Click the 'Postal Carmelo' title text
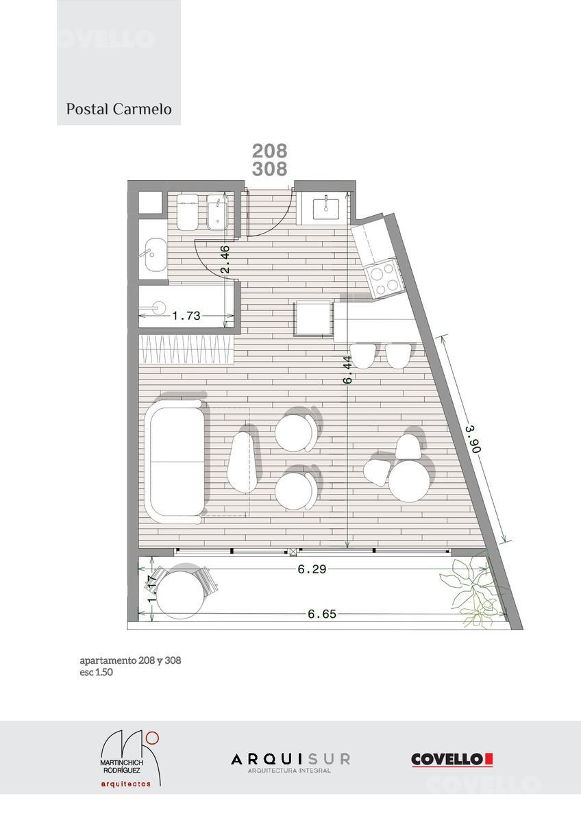[x=119, y=110]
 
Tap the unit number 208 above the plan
[x=269, y=151]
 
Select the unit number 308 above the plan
[x=269, y=169]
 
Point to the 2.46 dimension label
[x=225, y=260]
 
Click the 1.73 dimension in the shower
[x=186, y=316]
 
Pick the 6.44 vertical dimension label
[x=347, y=370]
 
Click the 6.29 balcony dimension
[x=312, y=569]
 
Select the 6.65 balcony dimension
[x=322, y=614]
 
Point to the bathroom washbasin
[x=156, y=255]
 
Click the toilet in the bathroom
[x=187, y=212]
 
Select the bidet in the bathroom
[x=217, y=212]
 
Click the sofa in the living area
[x=174, y=462]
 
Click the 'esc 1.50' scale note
[x=96, y=672]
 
